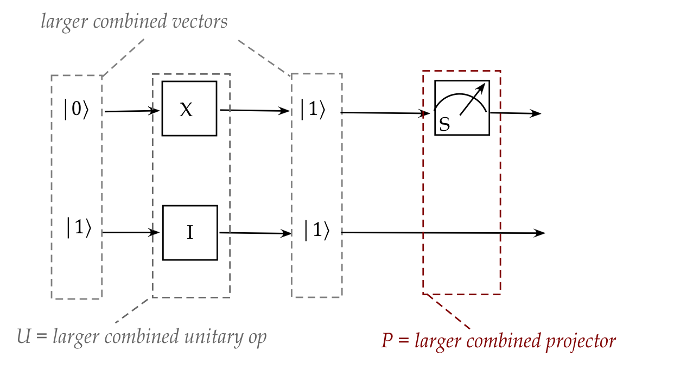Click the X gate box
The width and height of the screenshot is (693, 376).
(189, 109)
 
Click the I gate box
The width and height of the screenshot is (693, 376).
(190, 233)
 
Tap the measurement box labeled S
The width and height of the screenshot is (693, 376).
(462, 107)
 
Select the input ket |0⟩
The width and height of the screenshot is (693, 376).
(76, 110)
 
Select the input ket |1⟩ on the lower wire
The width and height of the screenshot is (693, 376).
(76, 228)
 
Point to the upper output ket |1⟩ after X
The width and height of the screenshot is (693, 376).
(313, 110)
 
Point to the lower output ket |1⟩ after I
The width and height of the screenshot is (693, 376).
(316, 232)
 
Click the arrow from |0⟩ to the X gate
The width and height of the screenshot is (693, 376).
(132, 111)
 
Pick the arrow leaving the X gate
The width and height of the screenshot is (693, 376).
(254, 110)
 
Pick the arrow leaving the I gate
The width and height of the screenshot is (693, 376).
(254, 233)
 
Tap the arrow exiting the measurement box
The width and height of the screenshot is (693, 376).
(515, 113)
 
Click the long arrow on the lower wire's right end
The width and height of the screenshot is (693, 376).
(442, 233)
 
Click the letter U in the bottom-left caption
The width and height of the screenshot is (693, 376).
(23, 336)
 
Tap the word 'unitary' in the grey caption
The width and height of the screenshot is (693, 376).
(207, 337)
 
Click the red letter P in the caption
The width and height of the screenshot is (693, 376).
(386, 341)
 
